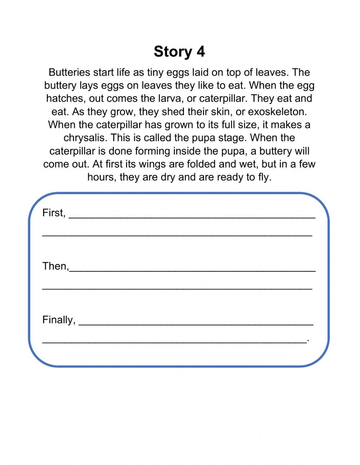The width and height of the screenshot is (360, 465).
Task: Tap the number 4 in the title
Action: [x=201, y=52]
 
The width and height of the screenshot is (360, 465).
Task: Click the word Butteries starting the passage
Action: [x=69, y=72]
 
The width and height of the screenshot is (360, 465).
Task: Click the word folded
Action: [x=202, y=164]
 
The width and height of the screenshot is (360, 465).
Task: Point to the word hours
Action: [x=100, y=177]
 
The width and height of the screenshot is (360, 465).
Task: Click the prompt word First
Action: [x=54, y=213]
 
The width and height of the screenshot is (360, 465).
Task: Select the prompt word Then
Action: [x=55, y=266]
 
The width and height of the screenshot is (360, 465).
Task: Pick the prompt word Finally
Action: [x=59, y=320]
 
